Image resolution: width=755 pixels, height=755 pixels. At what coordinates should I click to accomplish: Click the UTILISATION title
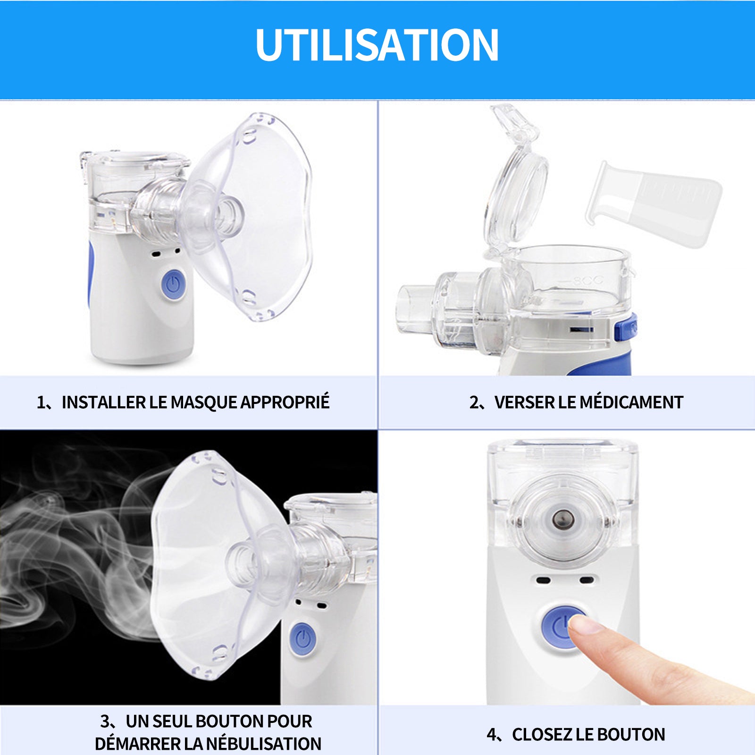[x=377, y=45]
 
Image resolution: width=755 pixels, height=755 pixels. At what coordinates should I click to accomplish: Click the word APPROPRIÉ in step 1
[x=285, y=402]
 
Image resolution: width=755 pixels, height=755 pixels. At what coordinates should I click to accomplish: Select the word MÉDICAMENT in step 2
[x=631, y=402]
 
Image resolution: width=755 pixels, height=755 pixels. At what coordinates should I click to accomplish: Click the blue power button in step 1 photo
[x=173, y=284]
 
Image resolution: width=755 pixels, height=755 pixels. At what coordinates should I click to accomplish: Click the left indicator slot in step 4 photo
[x=543, y=579]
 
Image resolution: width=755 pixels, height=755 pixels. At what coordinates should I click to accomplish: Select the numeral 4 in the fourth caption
[x=492, y=735]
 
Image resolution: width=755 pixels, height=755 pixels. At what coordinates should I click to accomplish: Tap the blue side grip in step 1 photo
[x=90, y=274]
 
